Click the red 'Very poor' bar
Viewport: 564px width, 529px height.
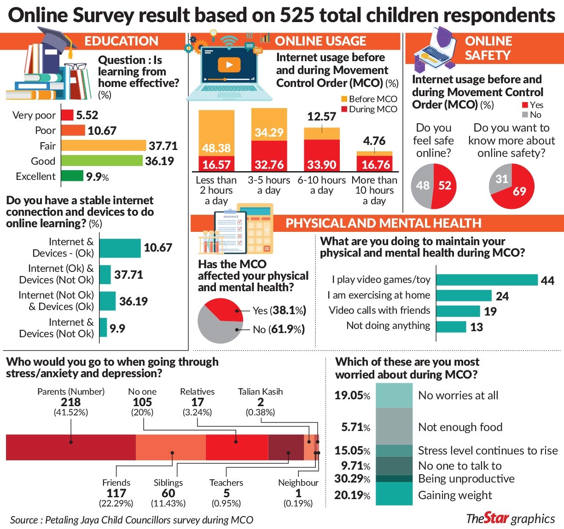67,115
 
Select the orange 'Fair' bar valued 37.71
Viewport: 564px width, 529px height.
104,145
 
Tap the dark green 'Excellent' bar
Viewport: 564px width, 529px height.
72,176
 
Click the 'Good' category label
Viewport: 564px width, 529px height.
43,161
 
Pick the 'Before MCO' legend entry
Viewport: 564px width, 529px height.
369,99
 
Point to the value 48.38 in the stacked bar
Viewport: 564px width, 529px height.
216,148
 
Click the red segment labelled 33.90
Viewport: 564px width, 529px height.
322,155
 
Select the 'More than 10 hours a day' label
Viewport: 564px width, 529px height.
374,190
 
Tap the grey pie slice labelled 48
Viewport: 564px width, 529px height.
422,186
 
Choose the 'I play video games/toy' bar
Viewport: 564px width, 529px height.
487,280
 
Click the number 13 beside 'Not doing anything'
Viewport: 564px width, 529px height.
477,327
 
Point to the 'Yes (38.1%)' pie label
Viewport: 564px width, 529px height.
279,310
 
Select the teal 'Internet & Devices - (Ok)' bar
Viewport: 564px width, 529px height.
120,248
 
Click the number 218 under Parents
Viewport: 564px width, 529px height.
71,402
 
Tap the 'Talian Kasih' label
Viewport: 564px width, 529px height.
261,391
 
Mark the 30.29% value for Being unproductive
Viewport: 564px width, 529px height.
352,479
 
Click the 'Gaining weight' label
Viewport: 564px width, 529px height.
455,495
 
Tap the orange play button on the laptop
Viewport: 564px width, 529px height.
229,65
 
